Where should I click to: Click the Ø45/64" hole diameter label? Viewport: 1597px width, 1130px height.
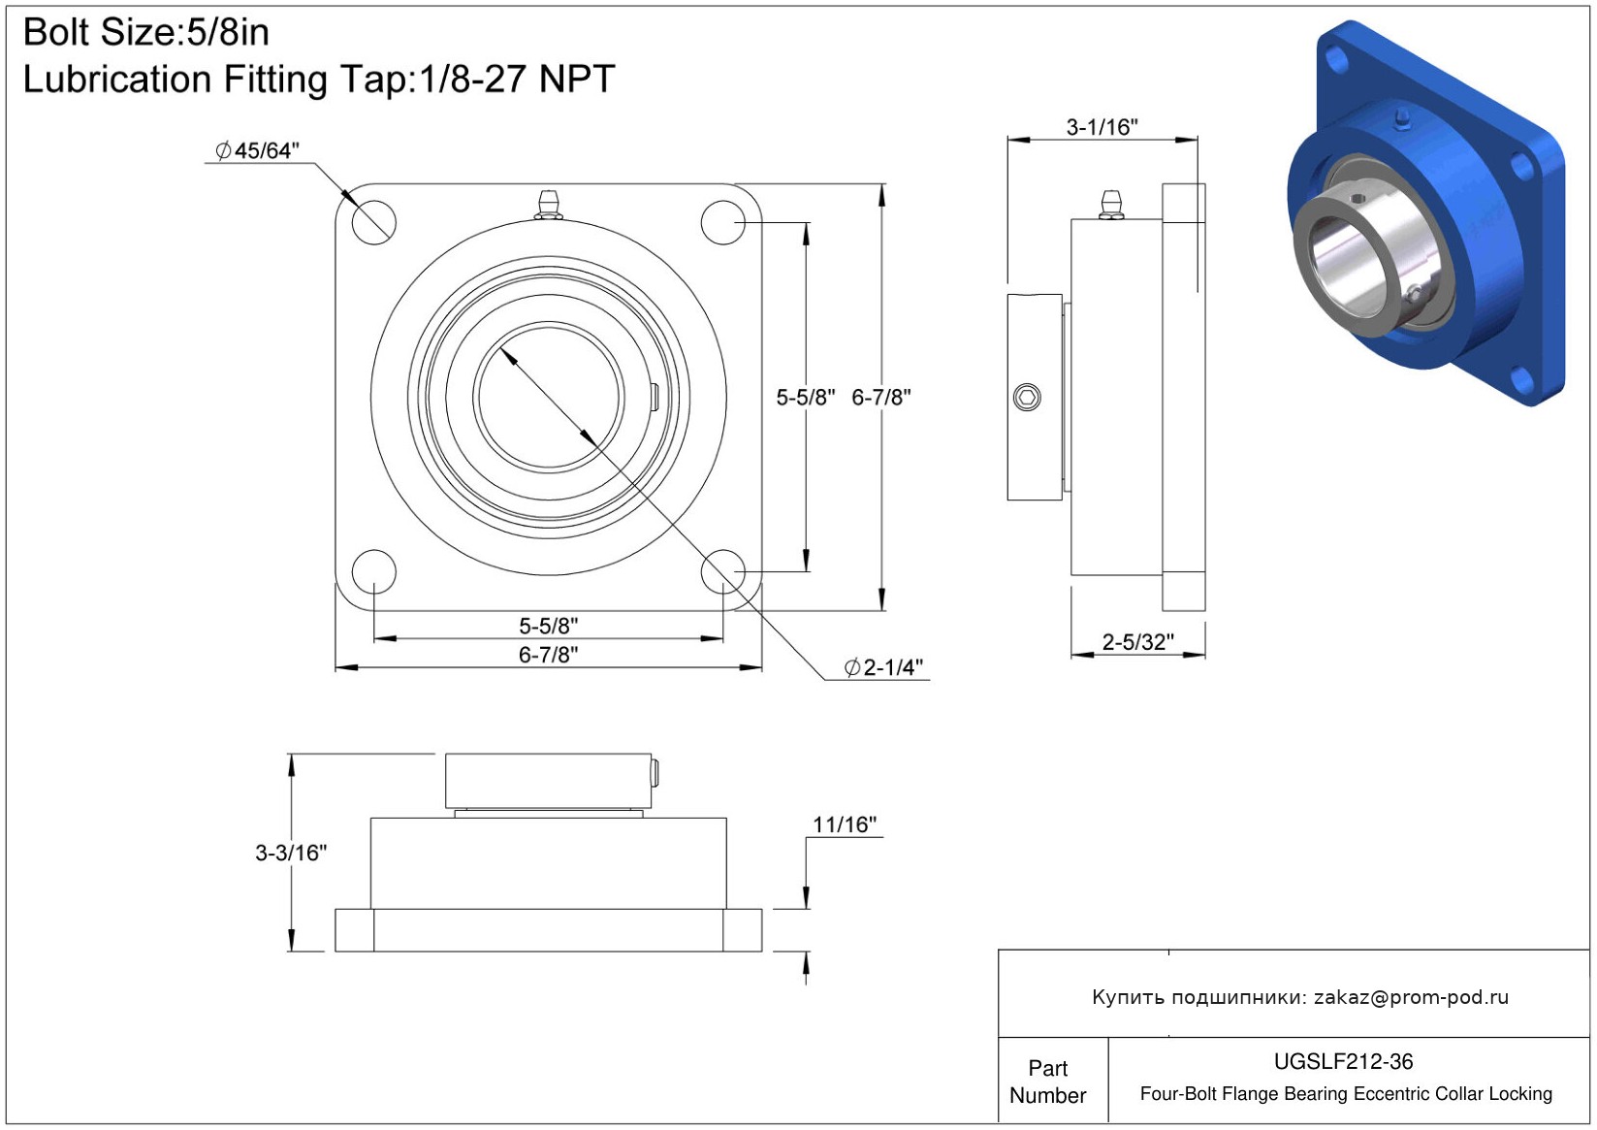257,150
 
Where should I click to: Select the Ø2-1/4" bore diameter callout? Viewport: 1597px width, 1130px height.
883,667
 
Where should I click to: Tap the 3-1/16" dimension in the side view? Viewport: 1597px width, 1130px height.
1102,127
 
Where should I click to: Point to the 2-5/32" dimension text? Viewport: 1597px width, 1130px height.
1137,642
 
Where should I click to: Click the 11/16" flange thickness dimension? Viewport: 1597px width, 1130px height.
845,824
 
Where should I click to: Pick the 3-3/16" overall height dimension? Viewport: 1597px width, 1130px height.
291,853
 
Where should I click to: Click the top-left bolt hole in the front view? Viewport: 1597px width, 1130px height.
373,222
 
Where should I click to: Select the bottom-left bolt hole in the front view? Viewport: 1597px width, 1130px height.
373,572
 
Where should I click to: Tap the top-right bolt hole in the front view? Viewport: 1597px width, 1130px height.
723,222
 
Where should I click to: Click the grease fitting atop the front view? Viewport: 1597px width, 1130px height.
548,204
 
